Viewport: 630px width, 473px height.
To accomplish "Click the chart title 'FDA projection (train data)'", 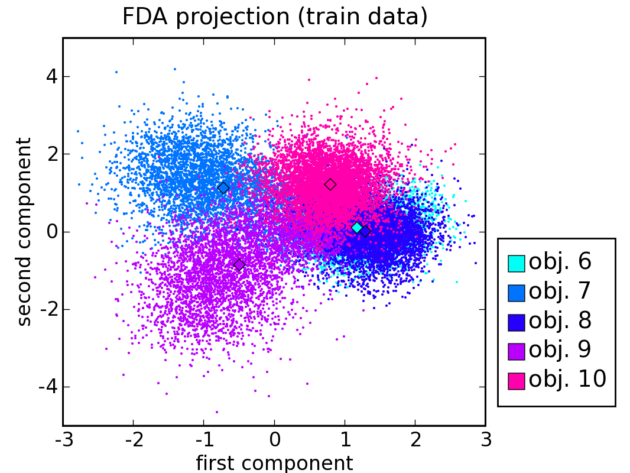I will click(274, 17).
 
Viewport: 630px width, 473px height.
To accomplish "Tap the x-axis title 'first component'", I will click(274, 463).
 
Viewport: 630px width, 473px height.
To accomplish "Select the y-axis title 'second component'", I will click(24, 231).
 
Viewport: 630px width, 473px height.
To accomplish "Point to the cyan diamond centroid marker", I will click(357, 228).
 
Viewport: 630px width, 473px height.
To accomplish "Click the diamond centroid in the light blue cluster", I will click(223, 188).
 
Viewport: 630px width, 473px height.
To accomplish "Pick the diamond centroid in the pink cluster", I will click(330, 184).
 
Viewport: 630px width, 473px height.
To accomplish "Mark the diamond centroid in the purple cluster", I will click(239, 265).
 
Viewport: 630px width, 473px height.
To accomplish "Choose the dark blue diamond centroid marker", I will click(365, 232).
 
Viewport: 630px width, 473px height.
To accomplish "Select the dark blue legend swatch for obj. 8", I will click(517, 322).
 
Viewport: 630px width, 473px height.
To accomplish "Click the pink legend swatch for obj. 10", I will click(517, 380).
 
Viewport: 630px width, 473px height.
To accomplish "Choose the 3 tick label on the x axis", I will click(486, 441).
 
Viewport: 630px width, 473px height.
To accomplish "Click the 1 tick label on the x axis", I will click(345, 441).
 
